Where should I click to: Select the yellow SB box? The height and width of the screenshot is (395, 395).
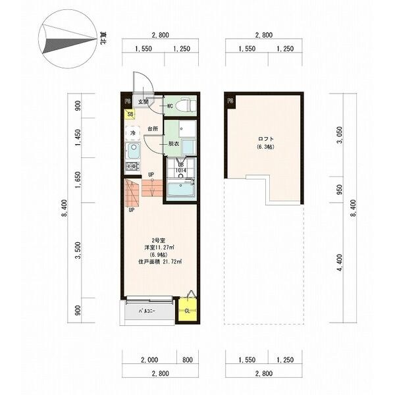pos(131,115)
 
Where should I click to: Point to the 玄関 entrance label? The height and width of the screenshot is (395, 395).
pos(143,102)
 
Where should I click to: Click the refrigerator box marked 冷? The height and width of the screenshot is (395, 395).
pos(131,134)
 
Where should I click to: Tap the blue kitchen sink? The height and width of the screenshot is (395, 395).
pos(131,153)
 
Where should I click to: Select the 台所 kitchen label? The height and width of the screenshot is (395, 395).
pos(153,129)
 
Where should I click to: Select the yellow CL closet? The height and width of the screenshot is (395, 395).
pos(188,310)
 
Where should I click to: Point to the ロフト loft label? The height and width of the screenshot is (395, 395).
pos(265,139)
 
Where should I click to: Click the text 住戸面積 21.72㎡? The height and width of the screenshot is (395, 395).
pos(160,262)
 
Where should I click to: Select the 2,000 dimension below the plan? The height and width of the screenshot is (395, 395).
pos(149,360)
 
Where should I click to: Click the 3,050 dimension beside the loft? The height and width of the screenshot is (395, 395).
pos(340,136)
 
